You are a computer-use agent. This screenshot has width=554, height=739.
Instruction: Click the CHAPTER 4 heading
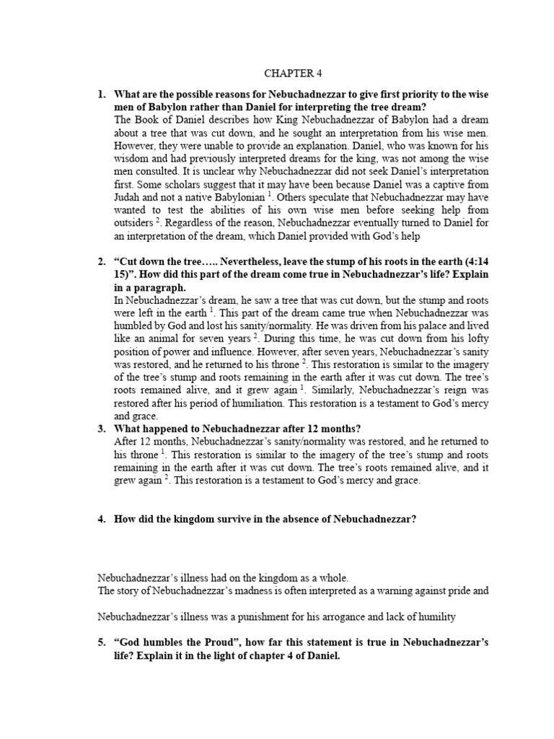(x=291, y=73)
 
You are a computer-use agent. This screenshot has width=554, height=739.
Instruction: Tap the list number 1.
(x=102, y=94)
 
